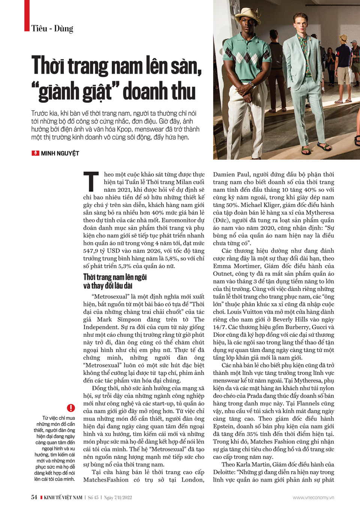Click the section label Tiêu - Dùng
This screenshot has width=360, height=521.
pos(52,29)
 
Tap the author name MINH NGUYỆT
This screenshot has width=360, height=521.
pos(60,153)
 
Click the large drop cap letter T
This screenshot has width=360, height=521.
pos(91,182)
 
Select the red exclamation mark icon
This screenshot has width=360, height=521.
pos(71,408)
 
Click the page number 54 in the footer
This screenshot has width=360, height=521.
pos(34,497)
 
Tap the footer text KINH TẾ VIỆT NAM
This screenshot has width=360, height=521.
pos(63,498)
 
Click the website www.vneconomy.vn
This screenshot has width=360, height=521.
pos(313,498)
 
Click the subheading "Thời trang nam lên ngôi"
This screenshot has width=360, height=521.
pos(115,277)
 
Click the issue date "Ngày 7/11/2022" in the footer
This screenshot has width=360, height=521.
pos(118,498)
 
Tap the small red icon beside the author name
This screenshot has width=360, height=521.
pos(36,153)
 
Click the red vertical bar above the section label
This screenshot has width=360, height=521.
pos(27,15)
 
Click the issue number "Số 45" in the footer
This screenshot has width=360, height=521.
pos(93,498)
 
